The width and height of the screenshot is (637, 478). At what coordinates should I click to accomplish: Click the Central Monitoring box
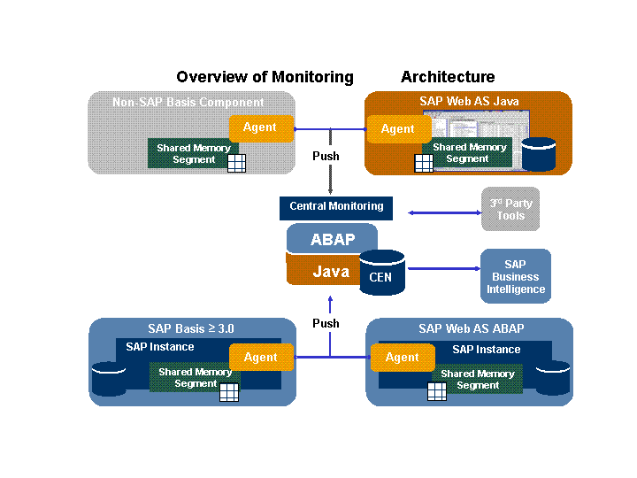pos(336,207)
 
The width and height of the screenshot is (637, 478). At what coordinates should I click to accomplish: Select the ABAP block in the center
pos(332,239)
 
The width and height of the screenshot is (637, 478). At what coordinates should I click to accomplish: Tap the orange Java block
pos(323,271)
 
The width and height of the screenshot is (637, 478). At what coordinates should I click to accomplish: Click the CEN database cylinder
pos(381,274)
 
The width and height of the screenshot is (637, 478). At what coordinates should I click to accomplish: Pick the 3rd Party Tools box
pos(510,210)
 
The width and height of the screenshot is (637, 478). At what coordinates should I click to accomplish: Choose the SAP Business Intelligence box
pos(515,276)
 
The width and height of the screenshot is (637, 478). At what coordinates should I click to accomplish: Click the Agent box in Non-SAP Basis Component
pos(260,127)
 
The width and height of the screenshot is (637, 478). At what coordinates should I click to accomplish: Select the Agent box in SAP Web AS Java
pos(397,129)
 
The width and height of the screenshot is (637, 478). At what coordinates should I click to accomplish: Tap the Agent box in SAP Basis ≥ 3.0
pos(260,358)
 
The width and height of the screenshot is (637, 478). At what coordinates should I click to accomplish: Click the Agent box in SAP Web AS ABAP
pos(402,358)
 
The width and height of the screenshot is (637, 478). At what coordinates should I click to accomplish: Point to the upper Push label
pos(326,157)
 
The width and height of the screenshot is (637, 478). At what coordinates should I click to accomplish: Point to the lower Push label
pos(326,324)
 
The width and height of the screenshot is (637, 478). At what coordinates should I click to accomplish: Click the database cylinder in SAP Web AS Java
pos(538,154)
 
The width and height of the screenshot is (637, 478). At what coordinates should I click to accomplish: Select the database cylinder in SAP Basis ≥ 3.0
pos(109,379)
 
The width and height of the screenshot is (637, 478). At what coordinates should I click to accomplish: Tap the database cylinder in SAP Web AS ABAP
pos(553,378)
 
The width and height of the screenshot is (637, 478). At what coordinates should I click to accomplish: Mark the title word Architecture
pos(448,77)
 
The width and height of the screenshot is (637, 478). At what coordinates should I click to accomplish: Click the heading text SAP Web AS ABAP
pos(471,329)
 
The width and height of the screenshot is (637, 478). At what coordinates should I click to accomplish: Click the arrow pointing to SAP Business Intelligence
pos(442,268)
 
